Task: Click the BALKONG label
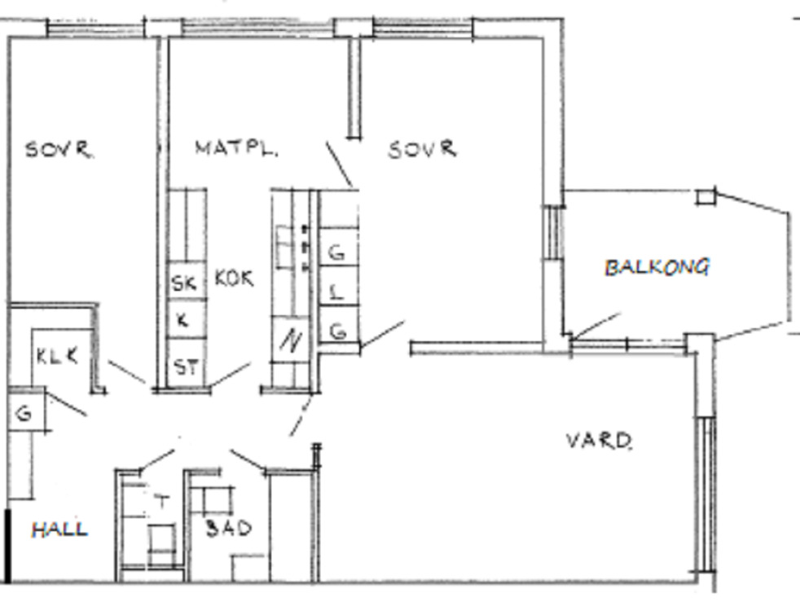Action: [x=657, y=267]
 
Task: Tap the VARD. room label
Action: [x=600, y=440]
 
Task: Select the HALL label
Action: [x=59, y=529]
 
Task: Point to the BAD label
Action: [x=229, y=528]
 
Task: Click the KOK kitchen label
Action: [x=234, y=279]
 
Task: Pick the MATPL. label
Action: [x=236, y=149]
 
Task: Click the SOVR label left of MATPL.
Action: [x=59, y=149]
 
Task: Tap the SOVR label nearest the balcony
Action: [x=422, y=149]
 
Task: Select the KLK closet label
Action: [x=57, y=356]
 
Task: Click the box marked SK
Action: [x=187, y=281]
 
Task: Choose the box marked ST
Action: [x=187, y=364]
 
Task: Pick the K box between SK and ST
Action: [x=187, y=318]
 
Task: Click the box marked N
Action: [x=290, y=339]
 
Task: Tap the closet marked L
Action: [x=338, y=292]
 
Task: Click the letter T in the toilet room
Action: [x=162, y=501]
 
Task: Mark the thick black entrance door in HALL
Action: [x=7, y=545]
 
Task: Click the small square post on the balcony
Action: [x=705, y=197]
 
